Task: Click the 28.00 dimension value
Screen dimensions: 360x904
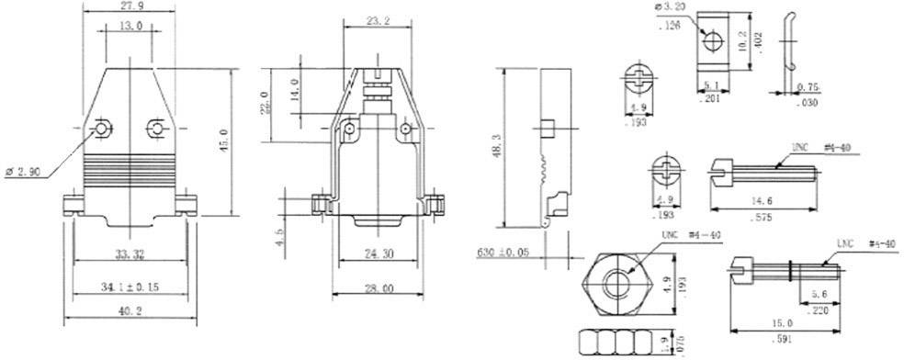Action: tap(379, 287)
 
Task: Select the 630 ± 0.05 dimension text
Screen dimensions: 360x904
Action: tap(503, 251)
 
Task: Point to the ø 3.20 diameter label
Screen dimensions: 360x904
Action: tap(672, 10)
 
